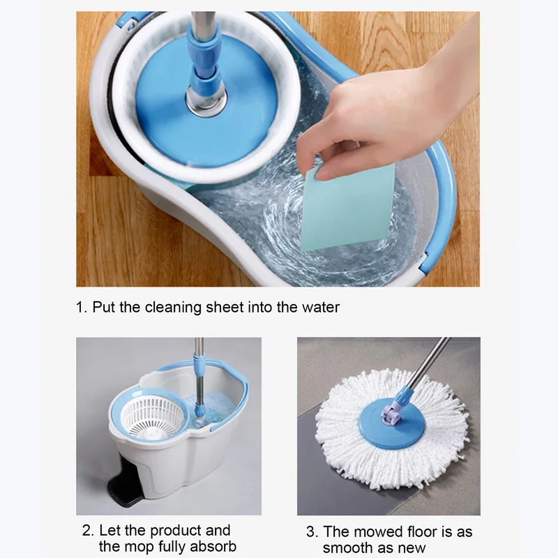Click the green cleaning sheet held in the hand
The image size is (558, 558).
pyautogui.click(x=347, y=208)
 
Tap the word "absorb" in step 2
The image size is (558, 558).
pyautogui.click(x=213, y=546)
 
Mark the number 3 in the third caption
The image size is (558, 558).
pyautogui.click(x=311, y=531)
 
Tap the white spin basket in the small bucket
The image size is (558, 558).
pyautogui.click(x=153, y=417)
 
